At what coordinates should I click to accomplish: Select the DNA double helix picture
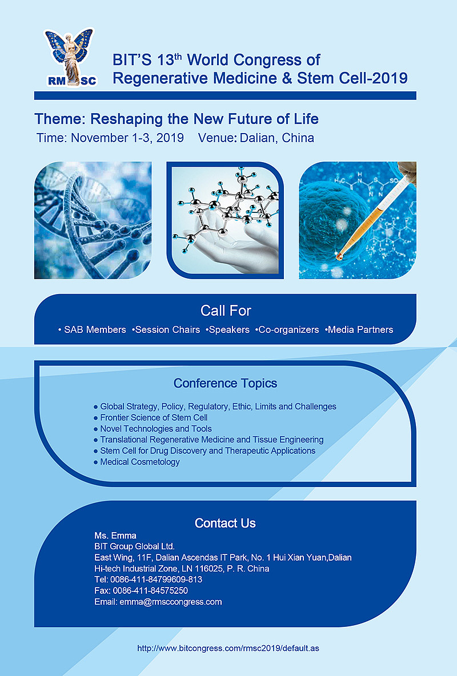tap(93, 220)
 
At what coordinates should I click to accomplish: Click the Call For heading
tap(226, 311)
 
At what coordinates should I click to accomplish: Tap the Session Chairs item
tap(167, 330)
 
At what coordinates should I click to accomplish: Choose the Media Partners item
tap(360, 330)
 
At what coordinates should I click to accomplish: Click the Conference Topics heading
tap(225, 383)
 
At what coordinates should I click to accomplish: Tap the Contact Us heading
tap(225, 523)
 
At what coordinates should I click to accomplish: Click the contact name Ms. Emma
tap(115, 536)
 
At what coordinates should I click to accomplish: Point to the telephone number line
tap(149, 580)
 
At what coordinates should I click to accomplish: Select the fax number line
tap(141, 590)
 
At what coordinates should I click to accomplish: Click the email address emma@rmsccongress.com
tap(170, 602)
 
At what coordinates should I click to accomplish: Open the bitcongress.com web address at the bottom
tap(228, 649)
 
